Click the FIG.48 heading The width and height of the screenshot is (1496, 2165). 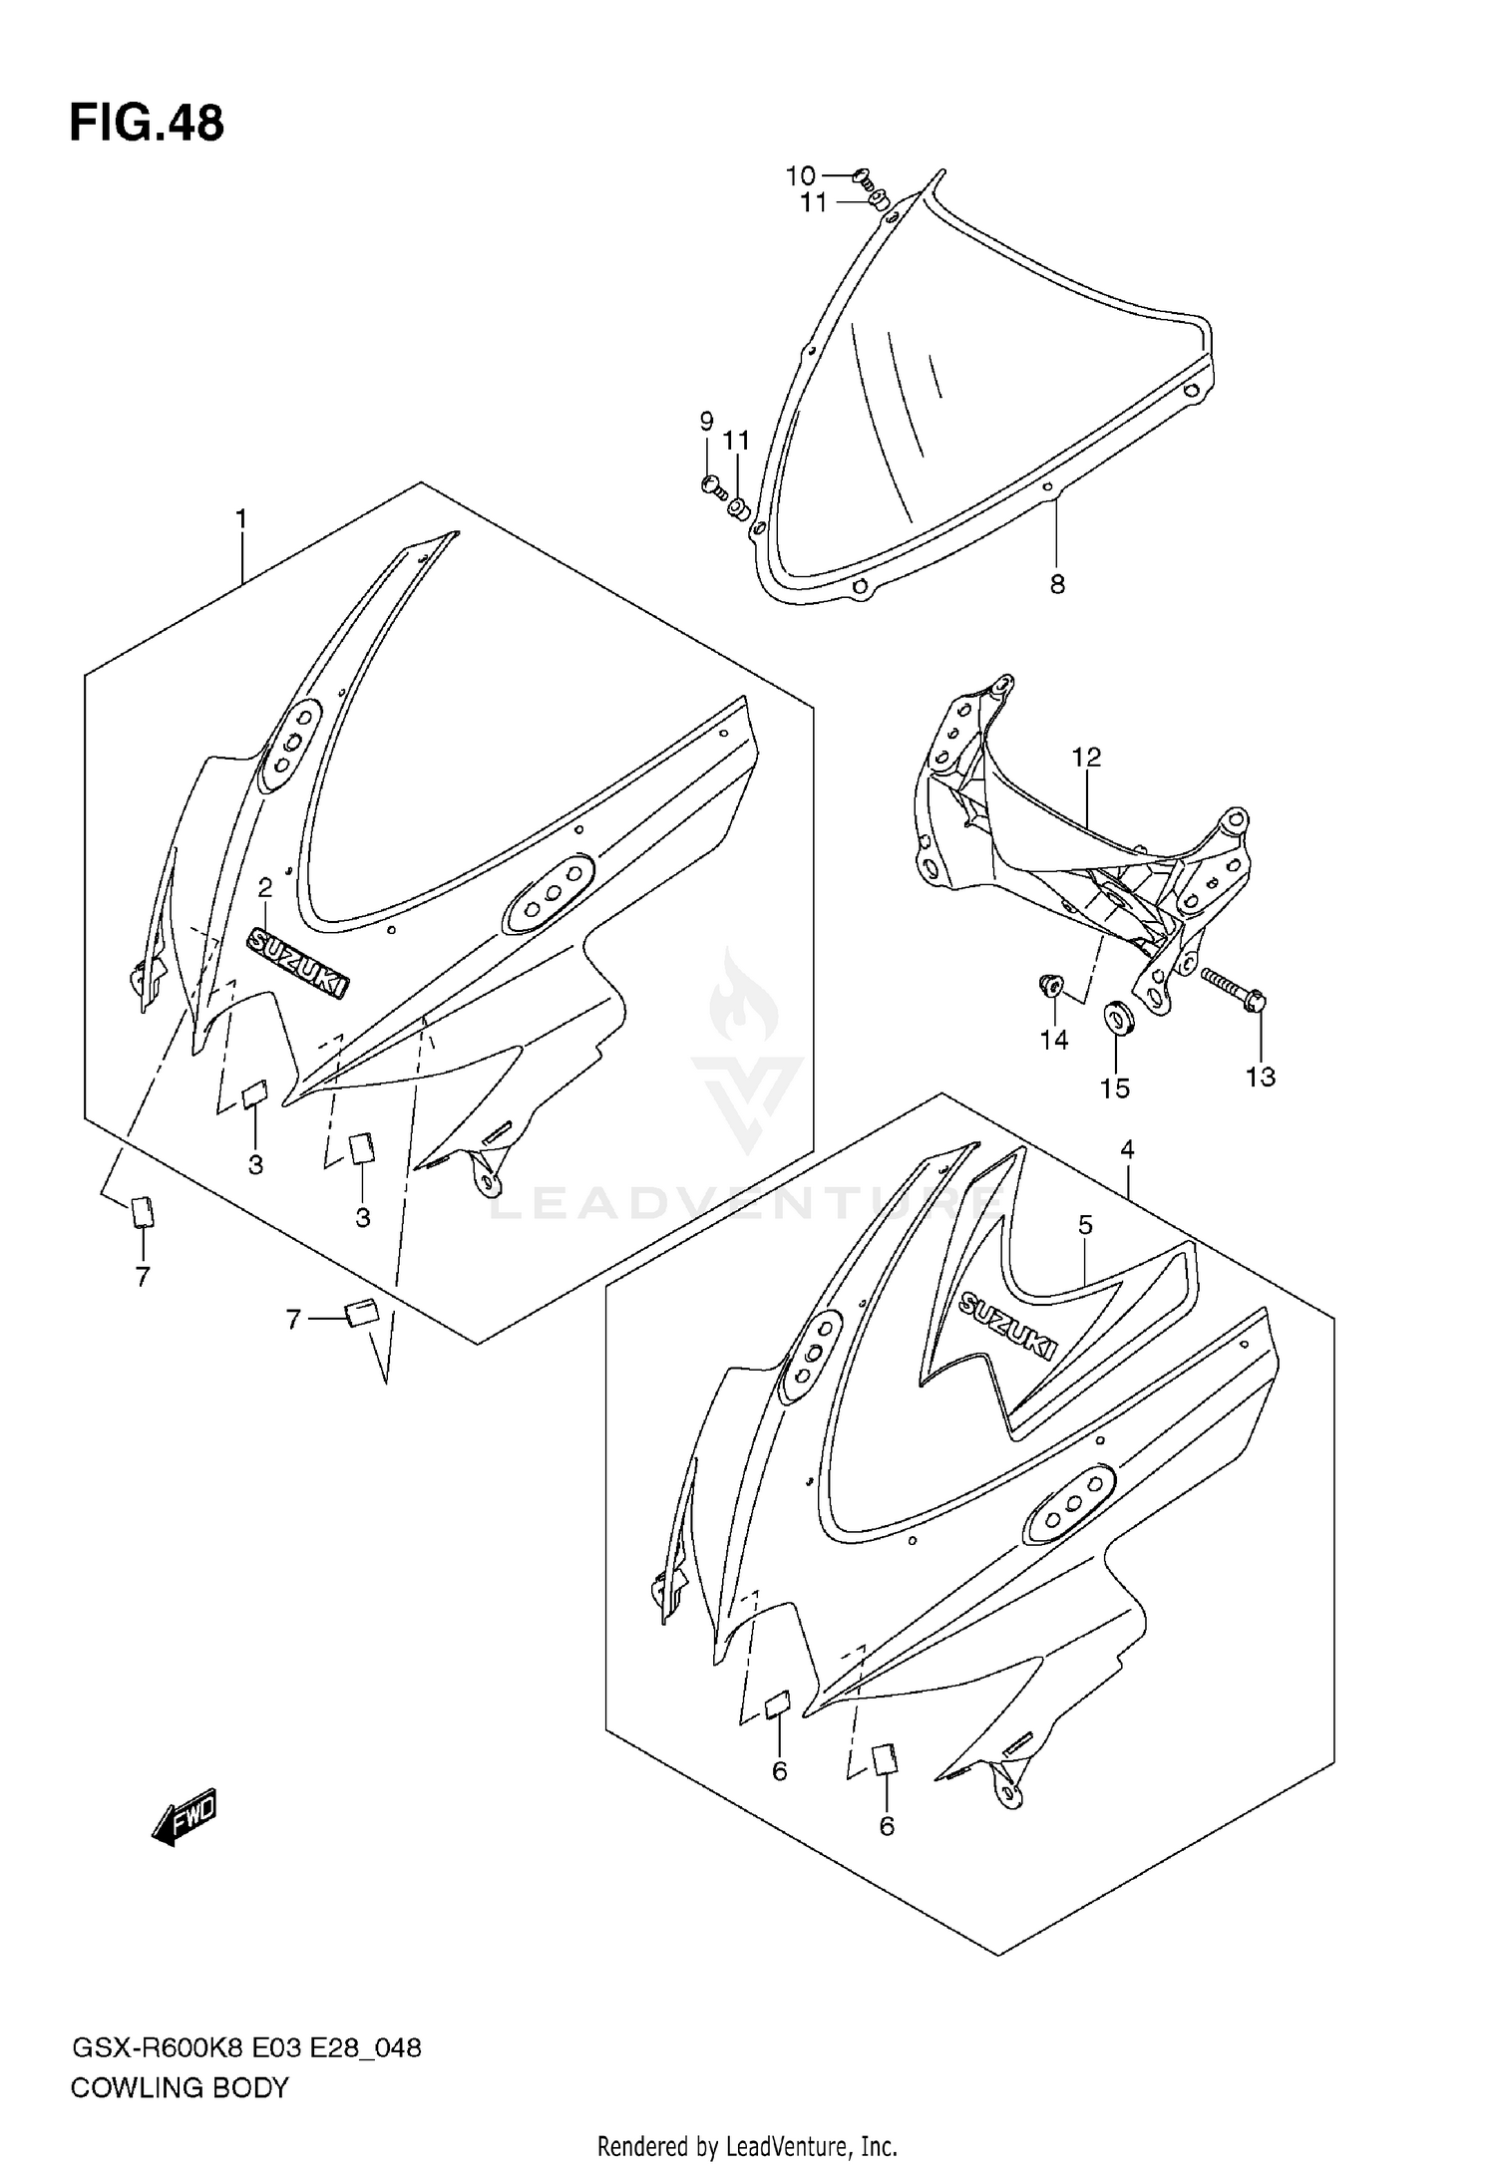click(147, 125)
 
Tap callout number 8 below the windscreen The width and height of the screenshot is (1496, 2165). click(1057, 585)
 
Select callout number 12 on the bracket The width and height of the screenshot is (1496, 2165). click(1086, 758)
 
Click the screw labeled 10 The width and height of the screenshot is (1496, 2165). click(864, 180)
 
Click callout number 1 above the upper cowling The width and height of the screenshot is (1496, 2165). click(240, 519)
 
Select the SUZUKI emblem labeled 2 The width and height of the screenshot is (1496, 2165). click(299, 961)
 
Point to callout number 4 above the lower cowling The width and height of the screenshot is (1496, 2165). click(1127, 1149)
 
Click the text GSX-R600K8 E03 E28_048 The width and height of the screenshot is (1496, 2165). click(245, 2049)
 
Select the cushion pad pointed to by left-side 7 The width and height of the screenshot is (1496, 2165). click(143, 1211)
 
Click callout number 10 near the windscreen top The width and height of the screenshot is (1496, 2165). click(800, 176)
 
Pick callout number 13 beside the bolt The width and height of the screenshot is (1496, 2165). click(1261, 1077)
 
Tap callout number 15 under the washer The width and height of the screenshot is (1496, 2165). click(1115, 1088)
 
